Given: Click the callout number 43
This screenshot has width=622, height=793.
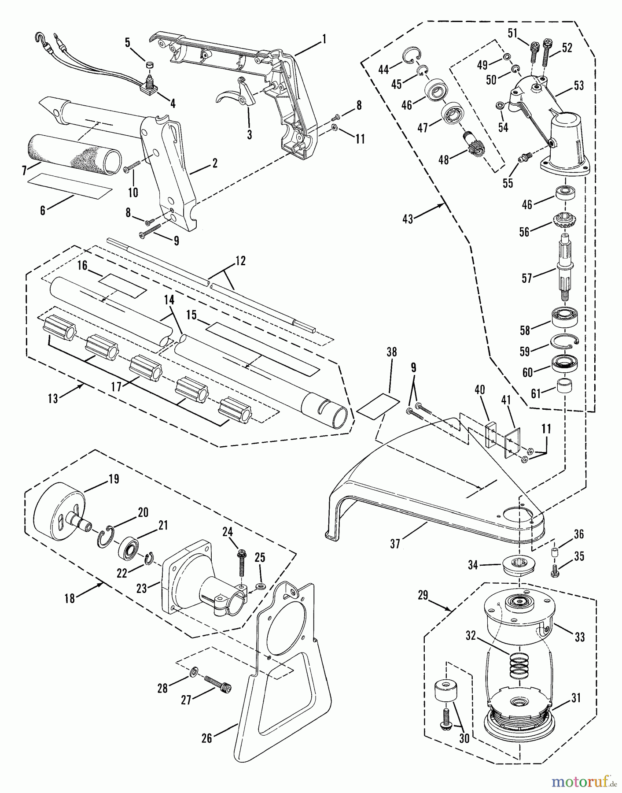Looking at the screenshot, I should coord(408,219).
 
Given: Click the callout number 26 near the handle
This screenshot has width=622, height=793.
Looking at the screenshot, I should coord(206,738).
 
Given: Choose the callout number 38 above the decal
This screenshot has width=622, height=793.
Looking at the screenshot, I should coord(391,352).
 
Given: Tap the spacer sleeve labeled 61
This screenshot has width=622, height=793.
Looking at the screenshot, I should coord(564,386).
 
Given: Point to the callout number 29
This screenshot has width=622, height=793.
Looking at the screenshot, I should coord(423,595).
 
